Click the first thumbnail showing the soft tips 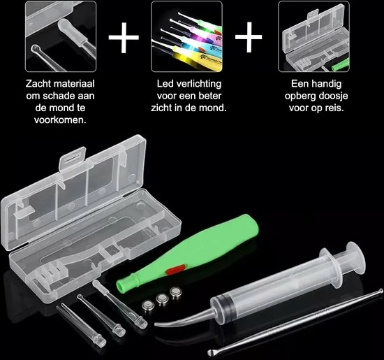61,36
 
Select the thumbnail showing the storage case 313,36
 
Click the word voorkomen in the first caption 61,120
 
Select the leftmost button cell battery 149,305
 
